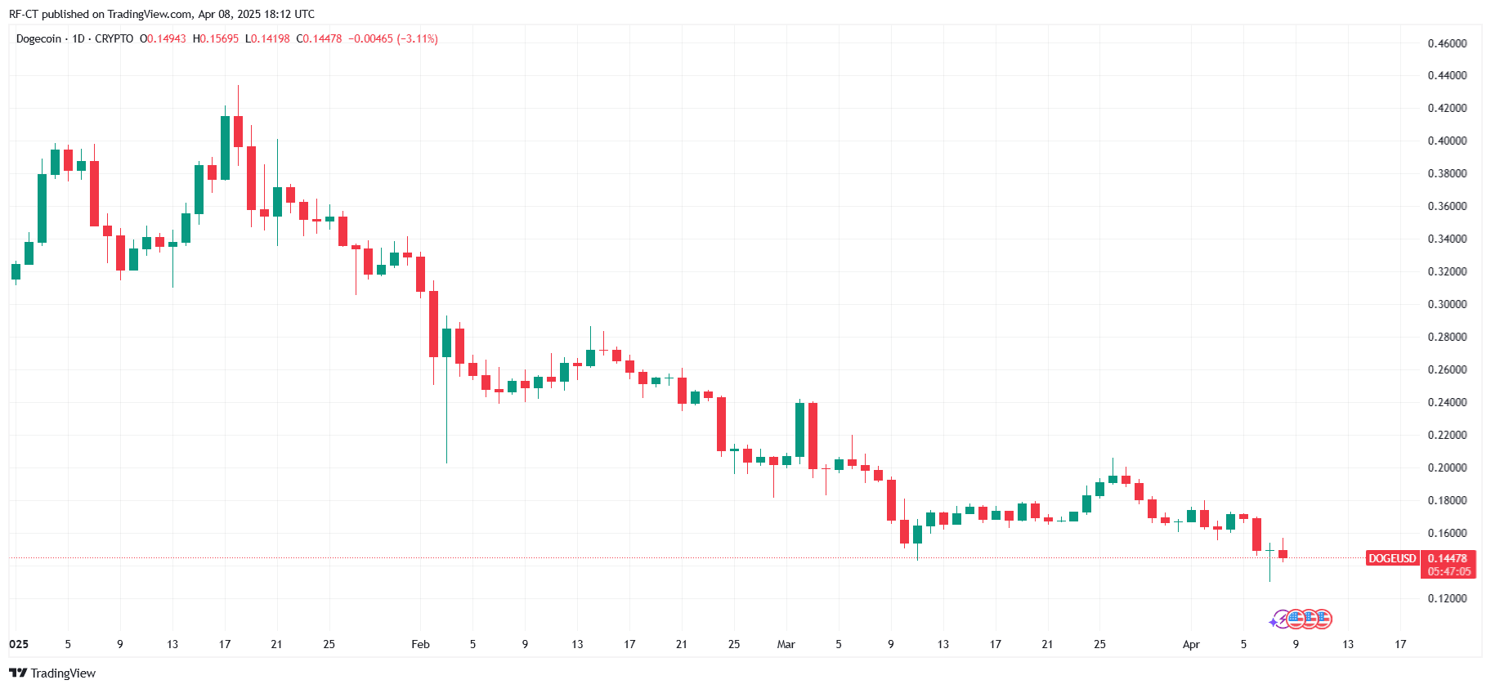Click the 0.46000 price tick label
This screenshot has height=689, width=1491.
[1447, 43]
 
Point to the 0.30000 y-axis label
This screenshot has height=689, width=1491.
[1447, 304]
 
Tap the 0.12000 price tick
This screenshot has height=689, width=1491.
[1447, 598]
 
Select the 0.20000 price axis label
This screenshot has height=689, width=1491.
[1447, 468]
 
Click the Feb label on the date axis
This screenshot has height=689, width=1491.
[420, 644]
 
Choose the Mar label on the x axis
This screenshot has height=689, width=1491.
[786, 644]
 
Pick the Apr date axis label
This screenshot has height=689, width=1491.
[1191, 644]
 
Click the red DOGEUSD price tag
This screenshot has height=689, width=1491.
[1392, 558]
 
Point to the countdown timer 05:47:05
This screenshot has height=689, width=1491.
[1448, 571]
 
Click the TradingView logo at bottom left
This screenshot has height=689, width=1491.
[52, 673]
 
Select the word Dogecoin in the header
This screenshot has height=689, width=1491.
[38, 38]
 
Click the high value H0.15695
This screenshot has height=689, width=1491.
[216, 38]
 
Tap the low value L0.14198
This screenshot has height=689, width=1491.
[267, 38]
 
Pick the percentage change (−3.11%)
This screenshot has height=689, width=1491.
[417, 38]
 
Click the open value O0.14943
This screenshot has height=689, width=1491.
[163, 38]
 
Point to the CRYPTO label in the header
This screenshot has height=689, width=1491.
[114, 38]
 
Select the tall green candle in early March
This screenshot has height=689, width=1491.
[799, 429]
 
